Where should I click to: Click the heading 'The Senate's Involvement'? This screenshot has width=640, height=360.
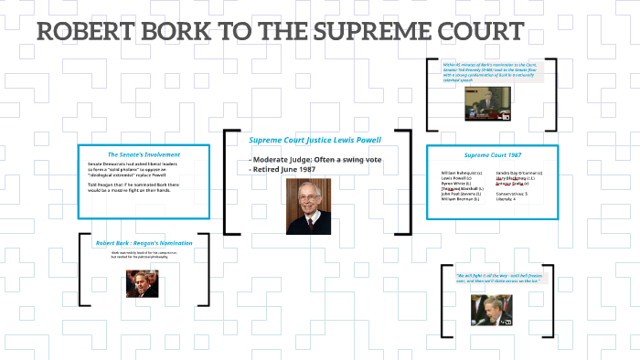144,154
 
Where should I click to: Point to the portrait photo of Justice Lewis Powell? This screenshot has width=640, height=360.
310,206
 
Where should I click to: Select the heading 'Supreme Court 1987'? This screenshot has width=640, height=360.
493,155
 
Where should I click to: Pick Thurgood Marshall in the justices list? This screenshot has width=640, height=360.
462,188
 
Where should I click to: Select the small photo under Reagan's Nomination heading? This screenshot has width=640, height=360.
143,282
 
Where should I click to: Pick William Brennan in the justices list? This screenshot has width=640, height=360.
462,199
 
